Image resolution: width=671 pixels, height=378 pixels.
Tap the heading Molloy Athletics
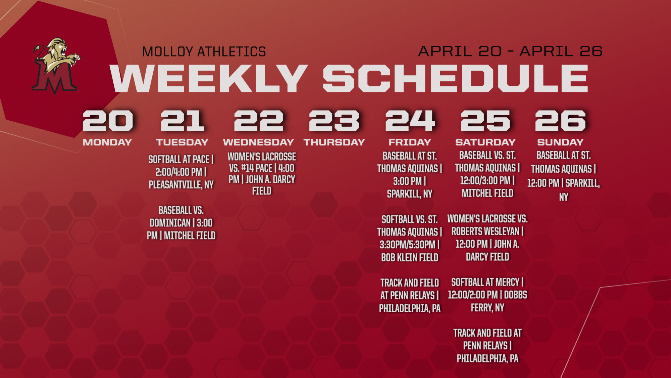(204, 52)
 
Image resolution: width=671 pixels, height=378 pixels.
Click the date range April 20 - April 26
(510, 51)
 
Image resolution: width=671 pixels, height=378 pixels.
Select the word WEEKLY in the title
(209, 78)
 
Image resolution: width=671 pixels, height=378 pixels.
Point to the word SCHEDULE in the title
(455, 78)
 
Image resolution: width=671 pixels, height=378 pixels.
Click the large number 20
(108, 120)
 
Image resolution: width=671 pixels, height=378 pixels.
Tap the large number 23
(334, 120)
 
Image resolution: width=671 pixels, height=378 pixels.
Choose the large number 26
(560, 120)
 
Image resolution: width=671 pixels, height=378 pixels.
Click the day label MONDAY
(107, 142)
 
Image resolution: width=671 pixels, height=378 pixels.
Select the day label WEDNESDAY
(258, 142)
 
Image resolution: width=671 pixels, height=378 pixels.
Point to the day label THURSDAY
(334, 142)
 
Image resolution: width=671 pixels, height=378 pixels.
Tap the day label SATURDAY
(485, 142)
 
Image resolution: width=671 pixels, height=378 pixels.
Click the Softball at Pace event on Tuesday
(181, 172)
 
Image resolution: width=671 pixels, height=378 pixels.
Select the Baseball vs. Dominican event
(181, 223)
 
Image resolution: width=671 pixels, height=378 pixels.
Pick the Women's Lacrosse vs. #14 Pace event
(262, 174)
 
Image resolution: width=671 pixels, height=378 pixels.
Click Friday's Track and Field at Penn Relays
(410, 296)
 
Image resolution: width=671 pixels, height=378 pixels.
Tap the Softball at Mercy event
(487, 295)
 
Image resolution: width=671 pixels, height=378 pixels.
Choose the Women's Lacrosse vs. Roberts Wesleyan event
(487, 238)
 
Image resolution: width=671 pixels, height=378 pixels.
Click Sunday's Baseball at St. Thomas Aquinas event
(564, 176)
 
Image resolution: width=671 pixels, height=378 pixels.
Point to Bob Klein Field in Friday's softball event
(410, 258)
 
